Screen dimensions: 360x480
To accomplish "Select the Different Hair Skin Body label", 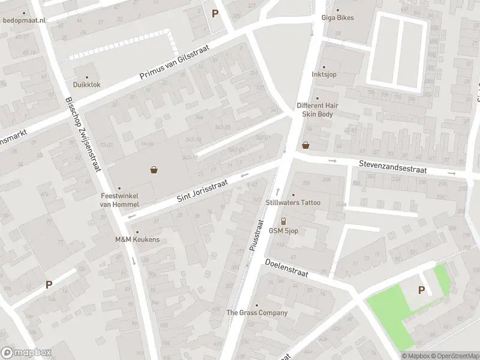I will [317, 109].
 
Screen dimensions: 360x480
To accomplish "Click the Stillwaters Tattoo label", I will [293, 203].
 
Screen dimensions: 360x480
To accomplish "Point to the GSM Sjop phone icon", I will [284, 221].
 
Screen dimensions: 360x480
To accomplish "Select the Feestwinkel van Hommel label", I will [119, 200].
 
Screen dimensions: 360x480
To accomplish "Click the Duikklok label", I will [87, 85].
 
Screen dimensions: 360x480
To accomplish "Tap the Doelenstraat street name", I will [286, 268].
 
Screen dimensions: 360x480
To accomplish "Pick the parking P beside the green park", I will [421, 290].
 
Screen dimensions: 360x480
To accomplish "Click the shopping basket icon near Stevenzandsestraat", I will [306, 145].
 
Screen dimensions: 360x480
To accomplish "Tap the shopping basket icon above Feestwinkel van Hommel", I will [155, 170].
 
